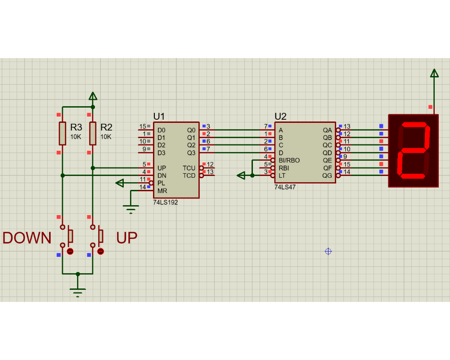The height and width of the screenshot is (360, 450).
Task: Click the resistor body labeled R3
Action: pyautogui.click(x=62, y=134)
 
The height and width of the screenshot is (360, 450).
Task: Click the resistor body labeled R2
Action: pyautogui.click(x=93, y=134)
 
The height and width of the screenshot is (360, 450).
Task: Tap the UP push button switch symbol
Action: pyautogui.click(x=97, y=236)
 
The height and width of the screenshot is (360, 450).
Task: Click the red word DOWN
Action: pyautogui.click(x=27, y=238)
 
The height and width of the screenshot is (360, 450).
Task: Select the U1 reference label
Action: pyautogui.click(x=159, y=117)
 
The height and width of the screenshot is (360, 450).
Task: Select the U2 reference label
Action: pyautogui.click(x=280, y=117)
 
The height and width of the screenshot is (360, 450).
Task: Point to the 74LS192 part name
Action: pyautogui.click(x=165, y=202)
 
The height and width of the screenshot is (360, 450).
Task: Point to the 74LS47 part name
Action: pyautogui.click(x=285, y=187)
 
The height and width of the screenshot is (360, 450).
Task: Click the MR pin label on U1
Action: pyautogui.click(x=162, y=191)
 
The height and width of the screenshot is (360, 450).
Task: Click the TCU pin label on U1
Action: pyautogui.click(x=189, y=168)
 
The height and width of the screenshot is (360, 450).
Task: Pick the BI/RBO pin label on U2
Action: pyautogui.click(x=289, y=161)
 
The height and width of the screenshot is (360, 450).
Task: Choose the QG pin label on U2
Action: pyautogui.click(x=327, y=175)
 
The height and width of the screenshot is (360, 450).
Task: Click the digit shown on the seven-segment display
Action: pyautogui.click(x=414, y=150)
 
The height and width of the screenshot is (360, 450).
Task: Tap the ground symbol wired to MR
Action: pyautogui.click(x=131, y=209)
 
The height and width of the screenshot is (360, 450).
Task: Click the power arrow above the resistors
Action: pyautogui.click(x=93, y=96)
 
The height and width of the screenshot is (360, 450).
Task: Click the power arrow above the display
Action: pyautogui.click(x=434, y=73)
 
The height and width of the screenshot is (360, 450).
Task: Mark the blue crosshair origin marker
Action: pyautogui.click(x=328, y=252)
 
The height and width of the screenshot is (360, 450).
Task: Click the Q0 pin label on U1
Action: pyautogui.click(x=191, y=130)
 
